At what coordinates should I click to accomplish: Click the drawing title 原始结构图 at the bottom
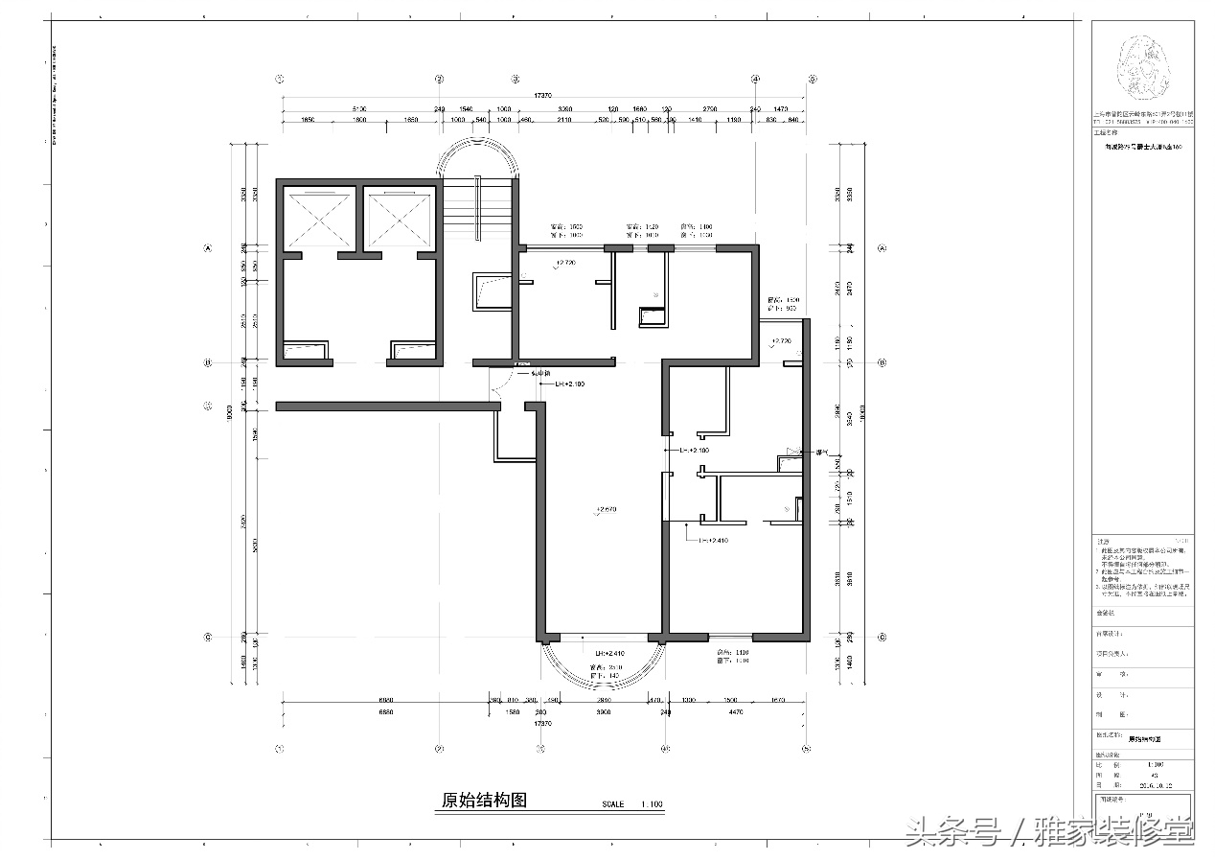point(484,801)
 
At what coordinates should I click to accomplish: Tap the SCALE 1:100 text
point(632,804)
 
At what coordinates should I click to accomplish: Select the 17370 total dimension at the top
point(543,96)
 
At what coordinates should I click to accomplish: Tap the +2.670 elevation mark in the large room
point(605,509)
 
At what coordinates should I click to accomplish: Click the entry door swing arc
point(497,387)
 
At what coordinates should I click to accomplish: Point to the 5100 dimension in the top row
point(359,109)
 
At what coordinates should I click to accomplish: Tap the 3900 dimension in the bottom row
point(604,712)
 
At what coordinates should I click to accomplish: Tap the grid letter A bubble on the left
point(207,248)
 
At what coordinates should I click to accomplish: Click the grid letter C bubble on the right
point(882,637)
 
